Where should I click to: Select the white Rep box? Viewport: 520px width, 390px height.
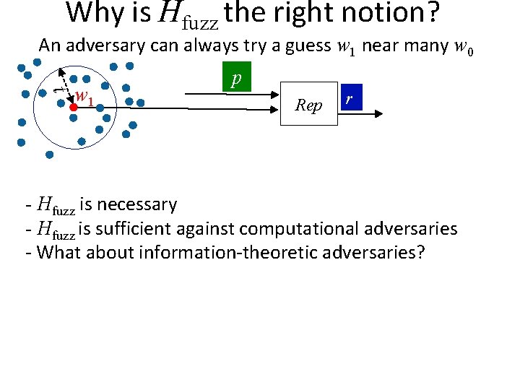tap(309, 104)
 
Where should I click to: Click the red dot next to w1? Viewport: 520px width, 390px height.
tap(73, 106)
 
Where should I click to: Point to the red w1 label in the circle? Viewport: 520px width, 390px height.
tap(85, 96)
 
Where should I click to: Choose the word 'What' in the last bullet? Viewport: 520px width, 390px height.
tap(56, 253)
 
